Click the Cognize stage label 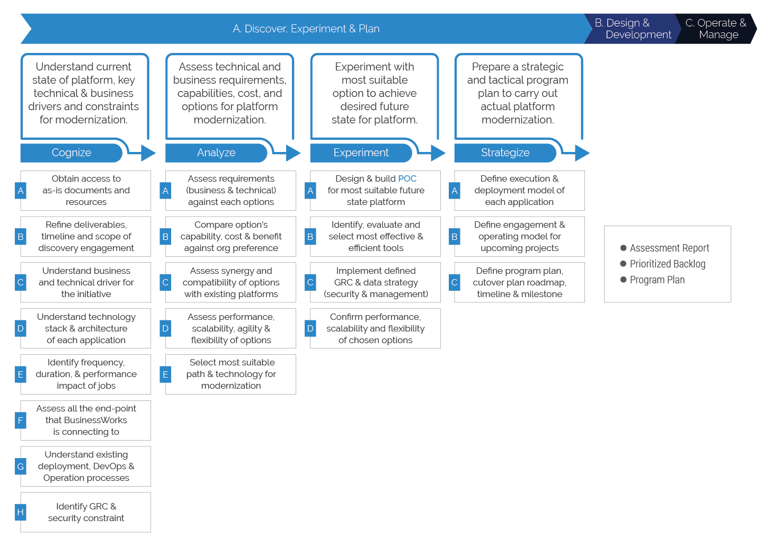[72, 153]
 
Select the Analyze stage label [216, 153]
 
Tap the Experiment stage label [361, 153]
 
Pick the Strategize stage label [505, 153]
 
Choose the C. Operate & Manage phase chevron [717, 29]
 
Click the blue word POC [407, 179]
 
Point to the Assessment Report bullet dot [624, 248]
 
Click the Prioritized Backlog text [667, 264]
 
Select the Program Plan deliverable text [657, 280]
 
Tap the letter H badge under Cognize [21, 512]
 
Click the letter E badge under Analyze [165, 374]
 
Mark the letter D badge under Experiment [310, 328]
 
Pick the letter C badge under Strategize [454, 282]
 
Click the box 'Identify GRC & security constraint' [86, 512]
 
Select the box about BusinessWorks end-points [86, 420]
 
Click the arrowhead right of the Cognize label [148, 153]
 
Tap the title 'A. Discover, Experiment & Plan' [306, 29]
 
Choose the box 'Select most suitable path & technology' [231, 374]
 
